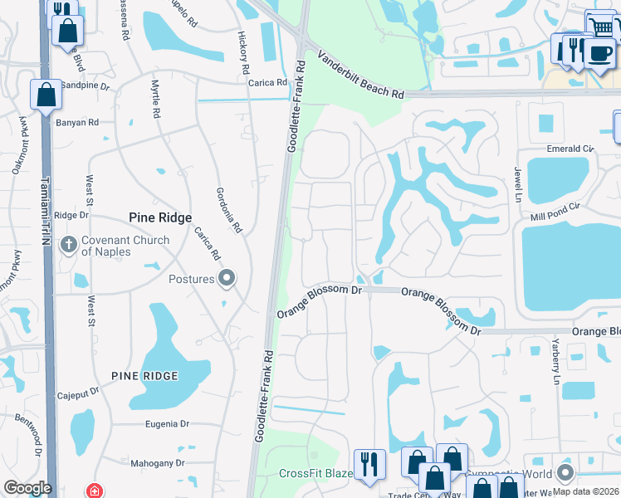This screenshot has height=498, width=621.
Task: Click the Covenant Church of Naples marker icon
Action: point(69,246)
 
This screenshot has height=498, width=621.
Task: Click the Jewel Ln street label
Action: point(516,186)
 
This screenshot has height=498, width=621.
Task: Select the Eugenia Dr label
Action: point(167,423)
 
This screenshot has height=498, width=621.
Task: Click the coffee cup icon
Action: point(599,52)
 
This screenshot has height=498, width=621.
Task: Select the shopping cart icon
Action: point(601,26)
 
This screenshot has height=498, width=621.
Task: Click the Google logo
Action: point(27,487)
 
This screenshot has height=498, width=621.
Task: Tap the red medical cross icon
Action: point(96,490)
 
